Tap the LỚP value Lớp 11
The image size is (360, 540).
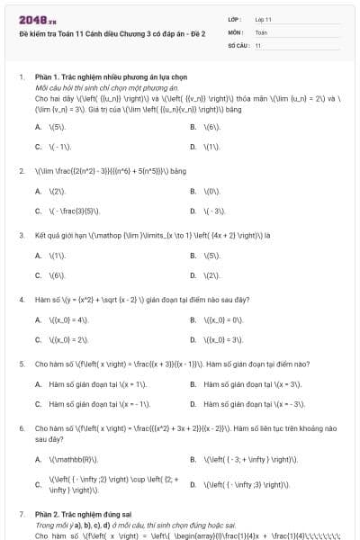click(x=264, y=18)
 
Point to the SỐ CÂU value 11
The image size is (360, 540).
click(x=258, y=44)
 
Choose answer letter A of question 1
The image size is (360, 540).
click(x=38, y=127)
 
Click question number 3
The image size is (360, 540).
click(x=22, y=235)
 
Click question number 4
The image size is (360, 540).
click(x=22, y=299)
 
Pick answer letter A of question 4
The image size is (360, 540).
click(x=38, y=319)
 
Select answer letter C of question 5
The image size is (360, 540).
click(x=38, y=404)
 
